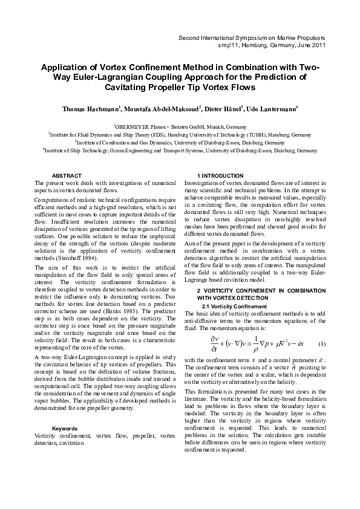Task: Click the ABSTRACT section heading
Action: coord(67,175)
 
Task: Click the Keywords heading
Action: coord(65,428)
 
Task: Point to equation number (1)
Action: coord(322,344)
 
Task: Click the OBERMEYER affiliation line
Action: coord(180,126)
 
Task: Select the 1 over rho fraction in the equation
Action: coord(256,344)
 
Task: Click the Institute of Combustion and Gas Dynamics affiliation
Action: coord(180,143)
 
